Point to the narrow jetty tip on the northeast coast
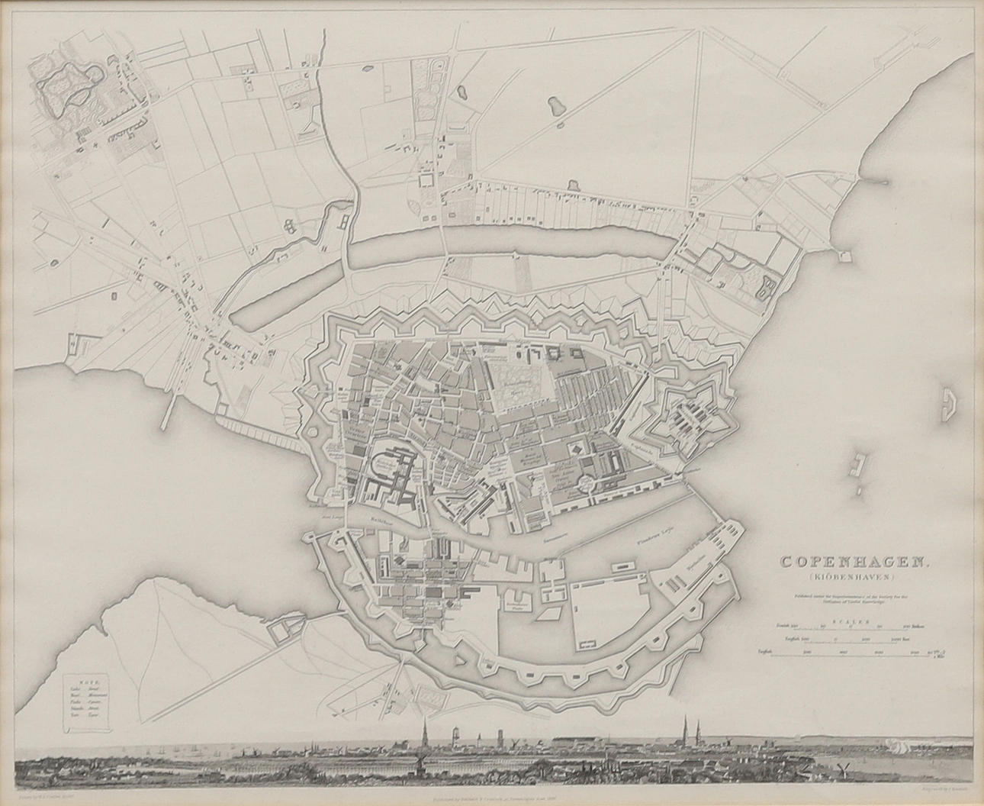click(885, 182)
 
